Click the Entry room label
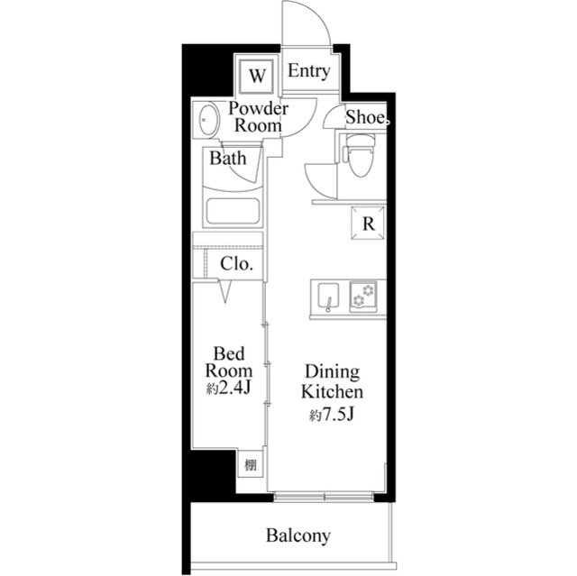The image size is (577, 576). click(308, 71)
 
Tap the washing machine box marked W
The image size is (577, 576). click(257, 77)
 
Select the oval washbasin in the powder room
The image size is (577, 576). click(208, 120)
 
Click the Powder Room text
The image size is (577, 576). click(258, 117)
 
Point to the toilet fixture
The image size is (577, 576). click(359, 155)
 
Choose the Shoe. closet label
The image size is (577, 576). click(367, 118)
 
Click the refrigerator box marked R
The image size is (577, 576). click(368, 224)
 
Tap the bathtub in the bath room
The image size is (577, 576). click(233, 211)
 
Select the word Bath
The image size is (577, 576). click(228, 159)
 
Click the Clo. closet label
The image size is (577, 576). click(236, 264)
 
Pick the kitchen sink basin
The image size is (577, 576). click(328, 297)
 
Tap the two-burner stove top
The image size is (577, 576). click(363, 296)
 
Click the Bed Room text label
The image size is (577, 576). click(229, 362)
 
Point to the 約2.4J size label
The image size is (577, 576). click(228, 388)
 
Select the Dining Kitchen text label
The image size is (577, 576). click(333, 382)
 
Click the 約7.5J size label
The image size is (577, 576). click(332, 415)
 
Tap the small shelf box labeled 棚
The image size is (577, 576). click(251, 465)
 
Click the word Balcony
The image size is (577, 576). click(298, 536)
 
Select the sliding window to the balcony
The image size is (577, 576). click(325, 498)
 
